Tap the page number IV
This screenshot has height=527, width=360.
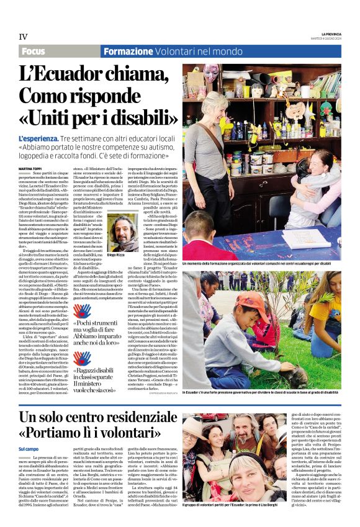(24, 37)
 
